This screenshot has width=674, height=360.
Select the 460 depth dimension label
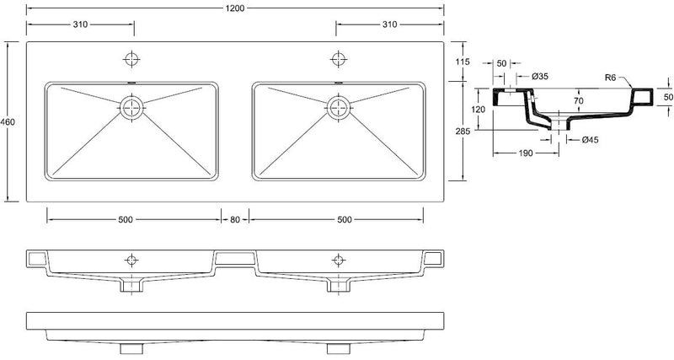point(8,122)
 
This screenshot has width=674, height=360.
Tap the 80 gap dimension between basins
point(235,219)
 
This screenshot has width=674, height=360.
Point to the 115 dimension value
point(461,62)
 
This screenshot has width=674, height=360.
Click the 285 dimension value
point(461,132)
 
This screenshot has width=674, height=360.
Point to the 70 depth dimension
point(578,101)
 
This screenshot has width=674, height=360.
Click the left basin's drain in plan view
point(131,106)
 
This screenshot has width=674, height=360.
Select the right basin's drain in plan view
point(339,106)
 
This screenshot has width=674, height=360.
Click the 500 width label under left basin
point(126,219)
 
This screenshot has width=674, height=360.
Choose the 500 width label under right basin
point(344,219)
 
